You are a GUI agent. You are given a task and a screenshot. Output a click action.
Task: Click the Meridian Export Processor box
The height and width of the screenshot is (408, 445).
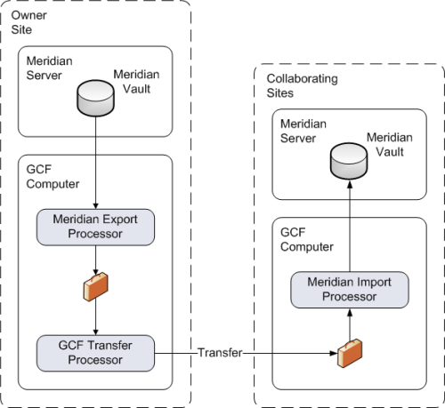click(95, 228)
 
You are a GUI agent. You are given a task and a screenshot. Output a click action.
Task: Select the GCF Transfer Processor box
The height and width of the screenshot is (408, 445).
click(95, 353)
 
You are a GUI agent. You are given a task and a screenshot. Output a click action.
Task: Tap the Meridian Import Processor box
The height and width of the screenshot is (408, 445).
click(350, 290)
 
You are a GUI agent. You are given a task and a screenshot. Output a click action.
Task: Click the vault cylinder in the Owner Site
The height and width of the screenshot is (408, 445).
click(95, 98)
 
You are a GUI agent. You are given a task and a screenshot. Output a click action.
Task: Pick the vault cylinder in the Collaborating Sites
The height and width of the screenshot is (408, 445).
click(349, 161)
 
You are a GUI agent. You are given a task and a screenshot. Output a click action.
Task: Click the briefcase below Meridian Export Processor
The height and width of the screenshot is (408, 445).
click(95, 286)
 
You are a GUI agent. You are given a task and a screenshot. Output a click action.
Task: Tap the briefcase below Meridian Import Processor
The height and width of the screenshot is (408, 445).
click(350, 353)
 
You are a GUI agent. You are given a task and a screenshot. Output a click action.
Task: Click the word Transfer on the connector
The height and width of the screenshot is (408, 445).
click(220, 353)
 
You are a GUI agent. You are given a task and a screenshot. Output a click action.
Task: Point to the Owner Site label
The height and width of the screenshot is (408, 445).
click(28, 22)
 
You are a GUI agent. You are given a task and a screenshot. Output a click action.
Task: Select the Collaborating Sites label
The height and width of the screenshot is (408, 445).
click(302, 85)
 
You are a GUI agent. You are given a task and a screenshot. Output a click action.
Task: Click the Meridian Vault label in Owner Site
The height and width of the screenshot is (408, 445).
click(136, 82)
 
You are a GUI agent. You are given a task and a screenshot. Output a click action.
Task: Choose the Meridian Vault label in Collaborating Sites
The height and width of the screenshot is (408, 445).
click(390, 145)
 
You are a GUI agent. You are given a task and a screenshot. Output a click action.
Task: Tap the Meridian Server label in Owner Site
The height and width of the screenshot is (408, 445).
click(49, 68)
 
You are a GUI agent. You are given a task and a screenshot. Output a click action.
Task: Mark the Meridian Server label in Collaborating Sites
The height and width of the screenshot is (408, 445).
click(303, 131)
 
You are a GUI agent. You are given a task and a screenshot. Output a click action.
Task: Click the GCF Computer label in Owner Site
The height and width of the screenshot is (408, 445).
click(53, 177)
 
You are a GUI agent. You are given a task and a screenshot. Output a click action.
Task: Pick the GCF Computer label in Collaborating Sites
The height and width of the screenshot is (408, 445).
click(307, 239)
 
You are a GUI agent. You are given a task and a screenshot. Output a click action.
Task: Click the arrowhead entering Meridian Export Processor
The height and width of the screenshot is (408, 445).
click(95, 206)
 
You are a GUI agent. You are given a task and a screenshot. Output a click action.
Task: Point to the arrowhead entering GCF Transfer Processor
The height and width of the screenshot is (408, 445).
click(95, 332)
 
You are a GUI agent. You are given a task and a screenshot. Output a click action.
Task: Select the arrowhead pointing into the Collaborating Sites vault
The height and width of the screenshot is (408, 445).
click(350, 185)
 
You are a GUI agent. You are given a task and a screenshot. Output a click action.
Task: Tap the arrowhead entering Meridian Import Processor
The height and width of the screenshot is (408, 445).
click(350, 312)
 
